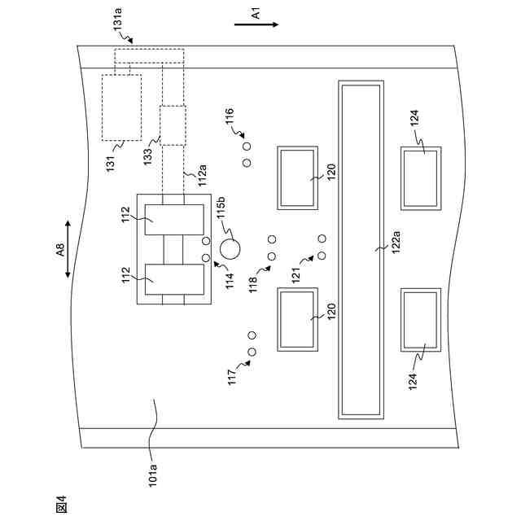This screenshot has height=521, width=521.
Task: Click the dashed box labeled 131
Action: click(x=121, y=107)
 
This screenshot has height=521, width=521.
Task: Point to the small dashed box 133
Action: click(x=173, y=125)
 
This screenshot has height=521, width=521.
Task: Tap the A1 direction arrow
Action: click(x=256, y=25)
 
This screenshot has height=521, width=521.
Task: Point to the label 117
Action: click(x=233, y=377)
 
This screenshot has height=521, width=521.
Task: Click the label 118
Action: click(x=253, y=284)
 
